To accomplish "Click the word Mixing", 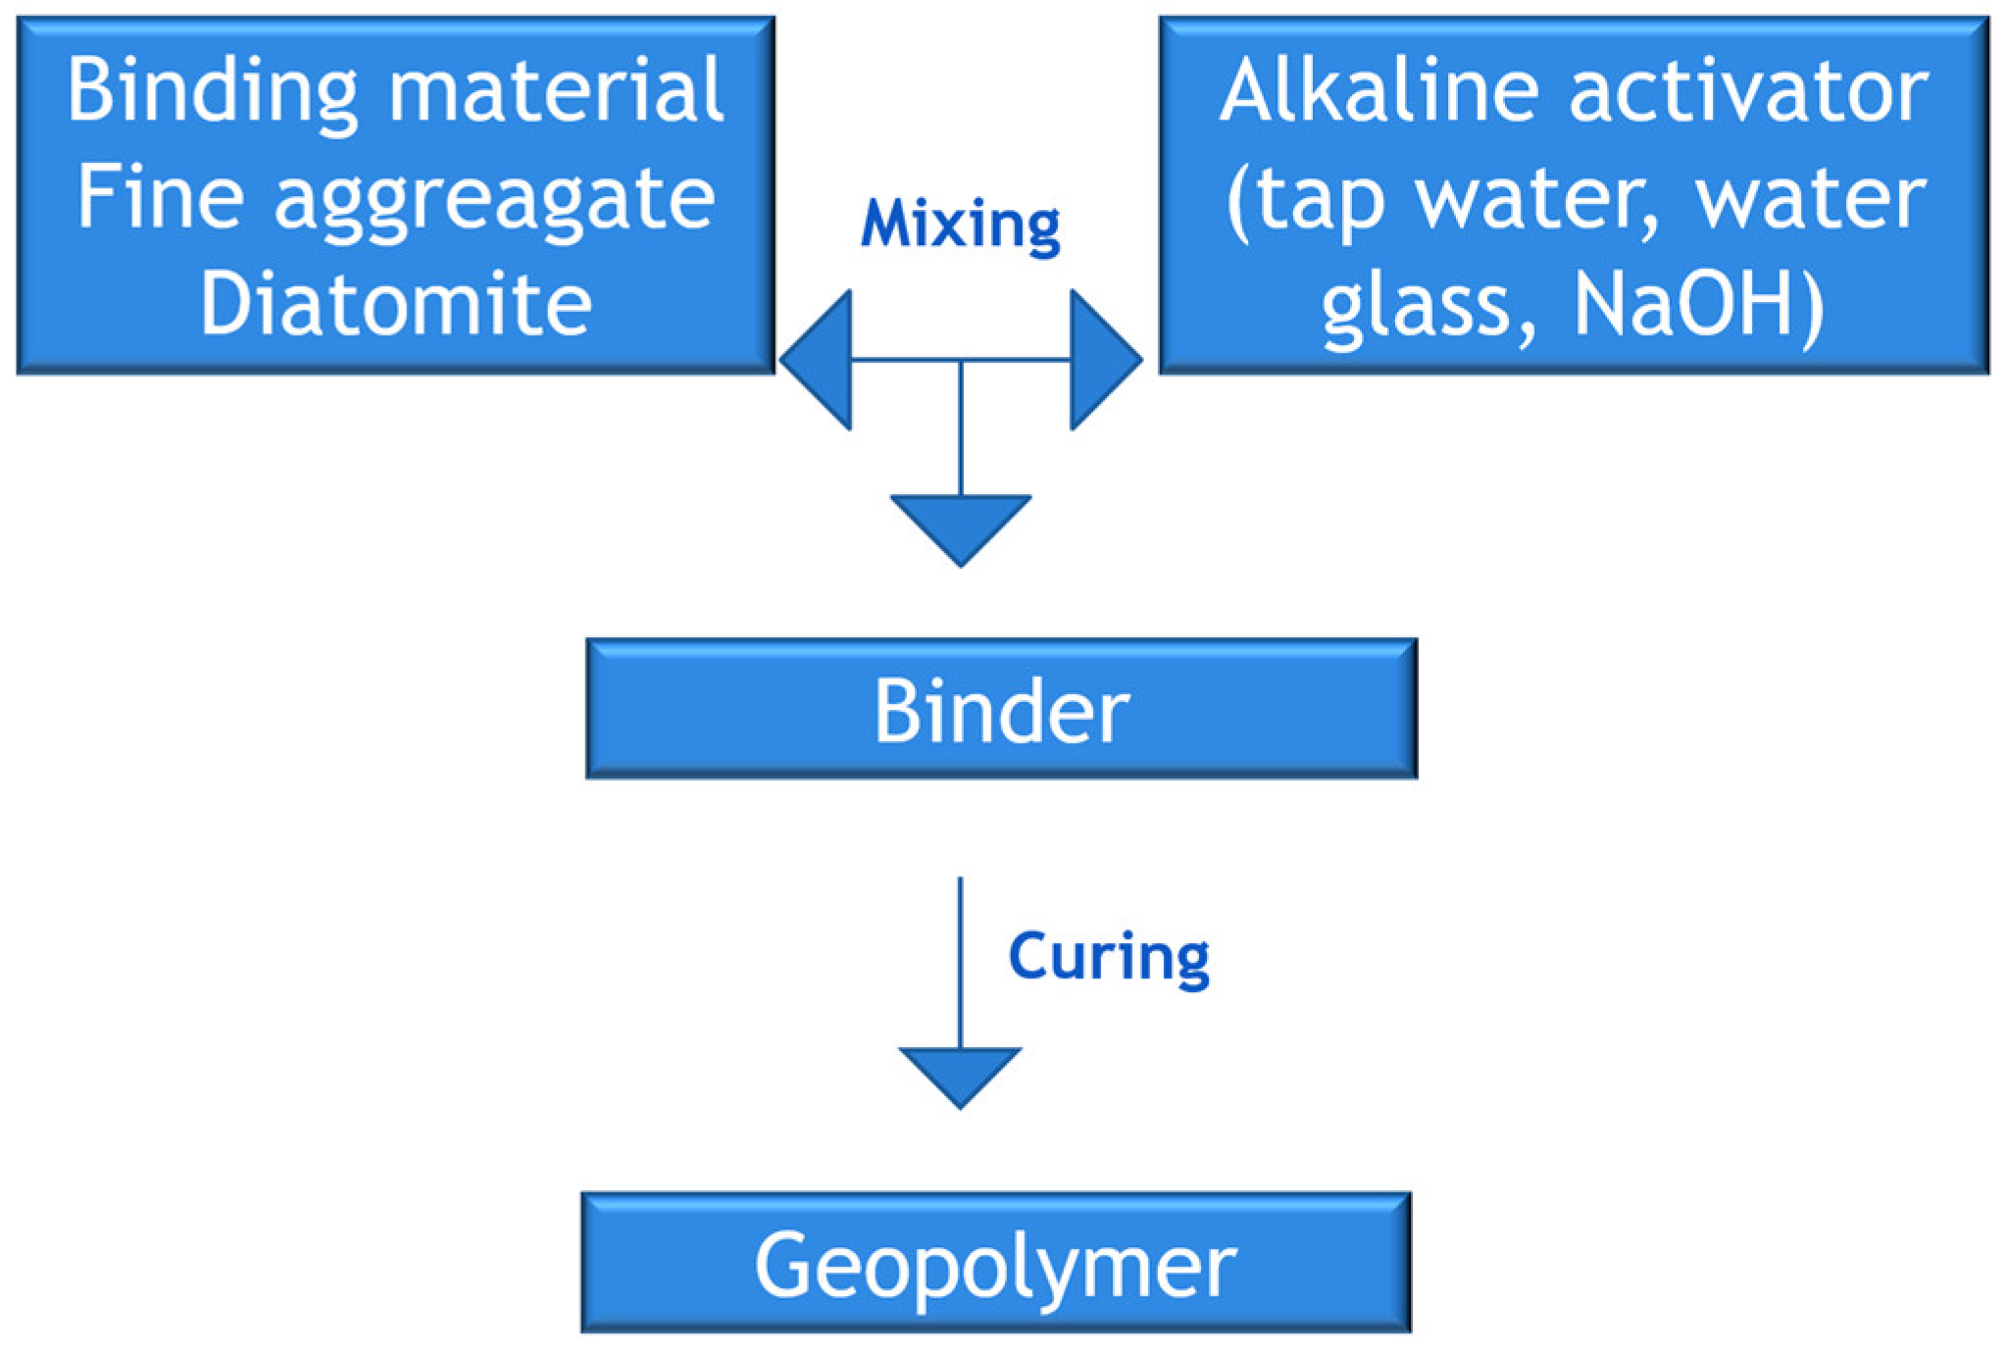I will pos(960,225).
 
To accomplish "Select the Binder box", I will pos(1001,709).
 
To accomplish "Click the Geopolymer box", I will pos(995,1263).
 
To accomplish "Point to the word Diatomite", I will pos(396,303).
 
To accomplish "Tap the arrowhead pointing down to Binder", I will pos(960,525).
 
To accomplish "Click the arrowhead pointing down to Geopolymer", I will pos(960,1073).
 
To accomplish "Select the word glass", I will pos(1416,305).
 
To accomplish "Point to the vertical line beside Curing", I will pos(960,961).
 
